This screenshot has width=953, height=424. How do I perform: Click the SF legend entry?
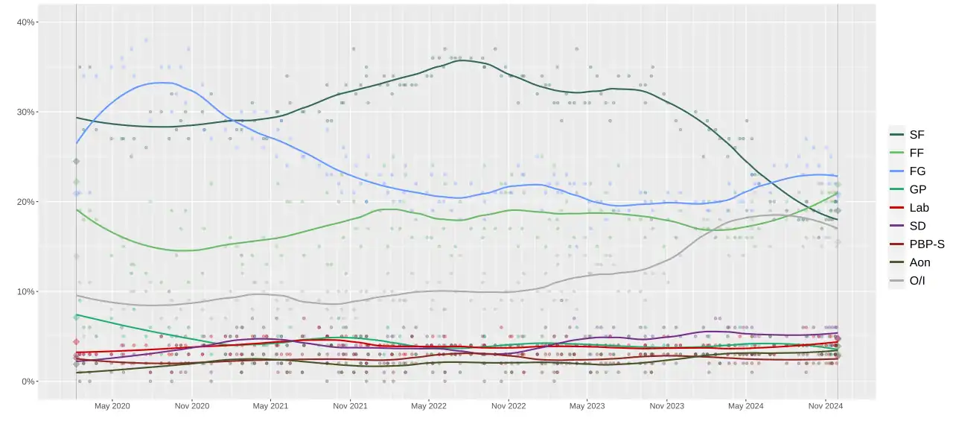point(908,135)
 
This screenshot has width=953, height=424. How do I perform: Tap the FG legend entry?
point(908,171)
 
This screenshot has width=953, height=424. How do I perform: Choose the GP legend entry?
point(908,189)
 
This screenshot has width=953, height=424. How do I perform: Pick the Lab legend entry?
point(909,208)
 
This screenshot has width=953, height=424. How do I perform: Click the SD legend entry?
point(908,226)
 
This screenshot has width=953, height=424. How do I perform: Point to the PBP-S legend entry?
point(917,244)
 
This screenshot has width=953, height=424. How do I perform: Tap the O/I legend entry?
point(908,280)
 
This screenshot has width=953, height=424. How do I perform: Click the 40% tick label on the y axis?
point(25,22)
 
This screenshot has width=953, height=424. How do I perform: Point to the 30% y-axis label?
point(25,112)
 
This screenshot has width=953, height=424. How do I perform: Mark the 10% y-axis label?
point(25,291)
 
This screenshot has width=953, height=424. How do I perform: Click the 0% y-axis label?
point(28,382)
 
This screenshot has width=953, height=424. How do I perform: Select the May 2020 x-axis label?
point(112,406)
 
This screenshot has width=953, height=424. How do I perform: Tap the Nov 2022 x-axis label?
point(509,406)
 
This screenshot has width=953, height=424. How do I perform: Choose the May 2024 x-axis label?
point(746,406)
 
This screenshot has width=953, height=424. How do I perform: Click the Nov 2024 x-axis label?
point(826,406)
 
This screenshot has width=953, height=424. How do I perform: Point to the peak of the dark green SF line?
point(463,60)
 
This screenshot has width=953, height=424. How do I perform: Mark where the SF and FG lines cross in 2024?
point(771,183)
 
